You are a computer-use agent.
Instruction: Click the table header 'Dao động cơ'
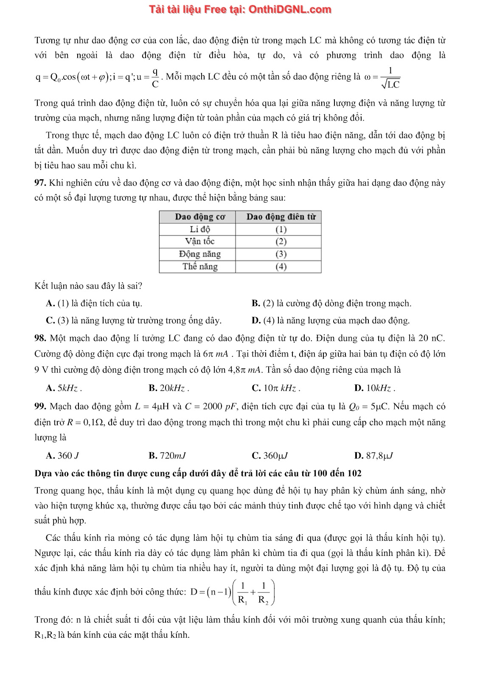(199, 217)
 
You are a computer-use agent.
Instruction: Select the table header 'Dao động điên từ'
(281, 217)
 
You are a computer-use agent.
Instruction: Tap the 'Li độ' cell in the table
(199, 229)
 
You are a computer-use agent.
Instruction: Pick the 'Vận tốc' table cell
(199, 241)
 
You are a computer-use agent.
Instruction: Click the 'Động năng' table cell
(199, 254)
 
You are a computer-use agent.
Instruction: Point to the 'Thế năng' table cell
(199, 267)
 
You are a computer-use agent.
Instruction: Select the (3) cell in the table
(281, 254)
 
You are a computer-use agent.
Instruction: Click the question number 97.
(40, 183)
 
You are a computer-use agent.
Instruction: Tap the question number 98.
(40, 338)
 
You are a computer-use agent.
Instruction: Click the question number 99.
(40, 407)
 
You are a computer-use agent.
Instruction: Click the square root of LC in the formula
(390, 84)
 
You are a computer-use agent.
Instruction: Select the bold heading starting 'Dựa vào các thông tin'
(198, 473)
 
